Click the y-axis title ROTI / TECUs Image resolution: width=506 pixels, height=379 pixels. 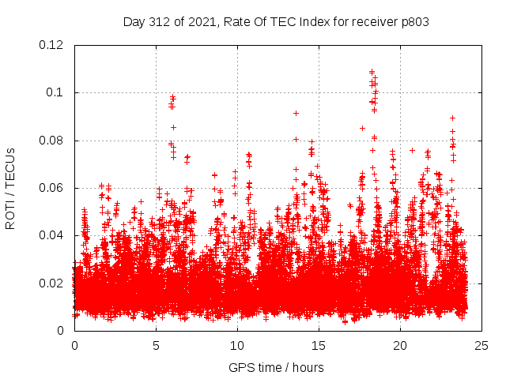click(x=10, y=188)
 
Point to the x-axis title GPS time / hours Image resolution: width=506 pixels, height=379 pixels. click(x=276, y=367)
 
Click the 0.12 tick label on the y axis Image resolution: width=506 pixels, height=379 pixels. click(x=52, y=45)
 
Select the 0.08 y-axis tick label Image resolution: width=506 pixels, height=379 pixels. click(x=52, y=141)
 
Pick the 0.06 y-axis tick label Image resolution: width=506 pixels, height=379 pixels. click(x=52, y=188)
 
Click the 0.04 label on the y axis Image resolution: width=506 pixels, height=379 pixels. click(x=52, y=235)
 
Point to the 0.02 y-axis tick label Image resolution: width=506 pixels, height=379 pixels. click(x=52, y=283)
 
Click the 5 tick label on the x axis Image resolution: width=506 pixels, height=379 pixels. click(x=157, y=346)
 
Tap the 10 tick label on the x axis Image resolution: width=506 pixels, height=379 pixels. click(x=237, y=346)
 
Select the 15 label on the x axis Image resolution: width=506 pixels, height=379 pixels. click(x=319, y=346)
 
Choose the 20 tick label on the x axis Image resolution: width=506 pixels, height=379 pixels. click(x=400, y=346)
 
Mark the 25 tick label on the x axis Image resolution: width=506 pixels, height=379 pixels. click(x=481, y=346)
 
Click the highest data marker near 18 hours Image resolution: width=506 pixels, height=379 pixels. click(x=372, y=71)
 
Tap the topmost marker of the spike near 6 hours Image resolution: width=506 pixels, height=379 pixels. click(x=172, y=97)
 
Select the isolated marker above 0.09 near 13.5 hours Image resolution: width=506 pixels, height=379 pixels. click(x=296, y=113)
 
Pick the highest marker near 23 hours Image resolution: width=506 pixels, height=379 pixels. click(x=452, y=118)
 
